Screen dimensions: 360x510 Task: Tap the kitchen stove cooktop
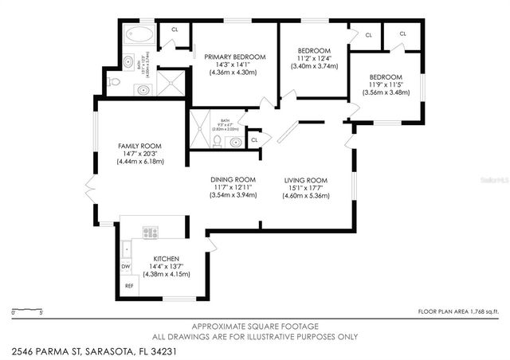[x=150, y=232]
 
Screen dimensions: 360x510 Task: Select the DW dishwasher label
[x=126, y=267]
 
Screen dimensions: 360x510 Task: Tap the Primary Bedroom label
[x=233, y=57]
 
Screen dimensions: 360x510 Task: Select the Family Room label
[x=140, y=146]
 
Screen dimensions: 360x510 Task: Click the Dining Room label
[x=233, y=179]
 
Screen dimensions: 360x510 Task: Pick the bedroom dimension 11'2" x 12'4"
[x=312, y=59]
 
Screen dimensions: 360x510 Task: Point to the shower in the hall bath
[x=195, y=131]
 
